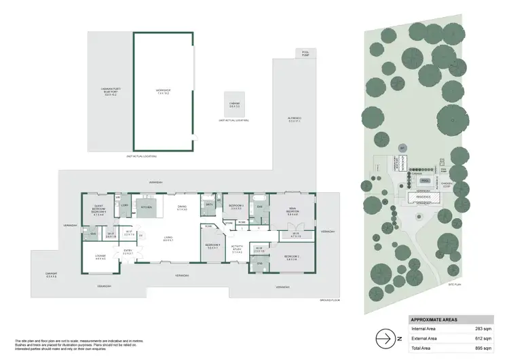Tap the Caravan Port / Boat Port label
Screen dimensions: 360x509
(110, 94)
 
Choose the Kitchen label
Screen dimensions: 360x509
(145, 206)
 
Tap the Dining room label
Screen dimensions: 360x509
(182, 208)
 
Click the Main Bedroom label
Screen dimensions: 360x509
(292, 210)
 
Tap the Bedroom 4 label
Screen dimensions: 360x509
(212, 246)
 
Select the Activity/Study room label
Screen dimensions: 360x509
(237, 249)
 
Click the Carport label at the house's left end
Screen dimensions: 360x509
(51, 276)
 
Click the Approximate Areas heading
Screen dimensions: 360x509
(433, 319)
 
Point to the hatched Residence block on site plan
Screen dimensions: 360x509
(425, 198)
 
